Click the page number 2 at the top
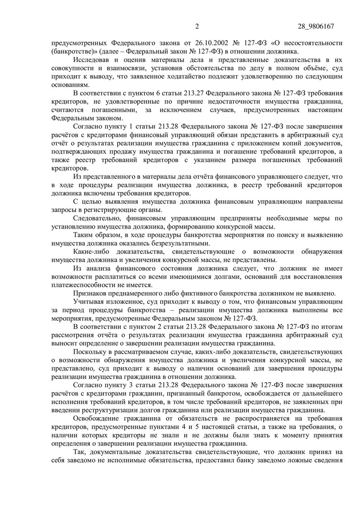(197, 26)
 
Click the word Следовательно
(98, 218)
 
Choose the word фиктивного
(189, 293)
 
